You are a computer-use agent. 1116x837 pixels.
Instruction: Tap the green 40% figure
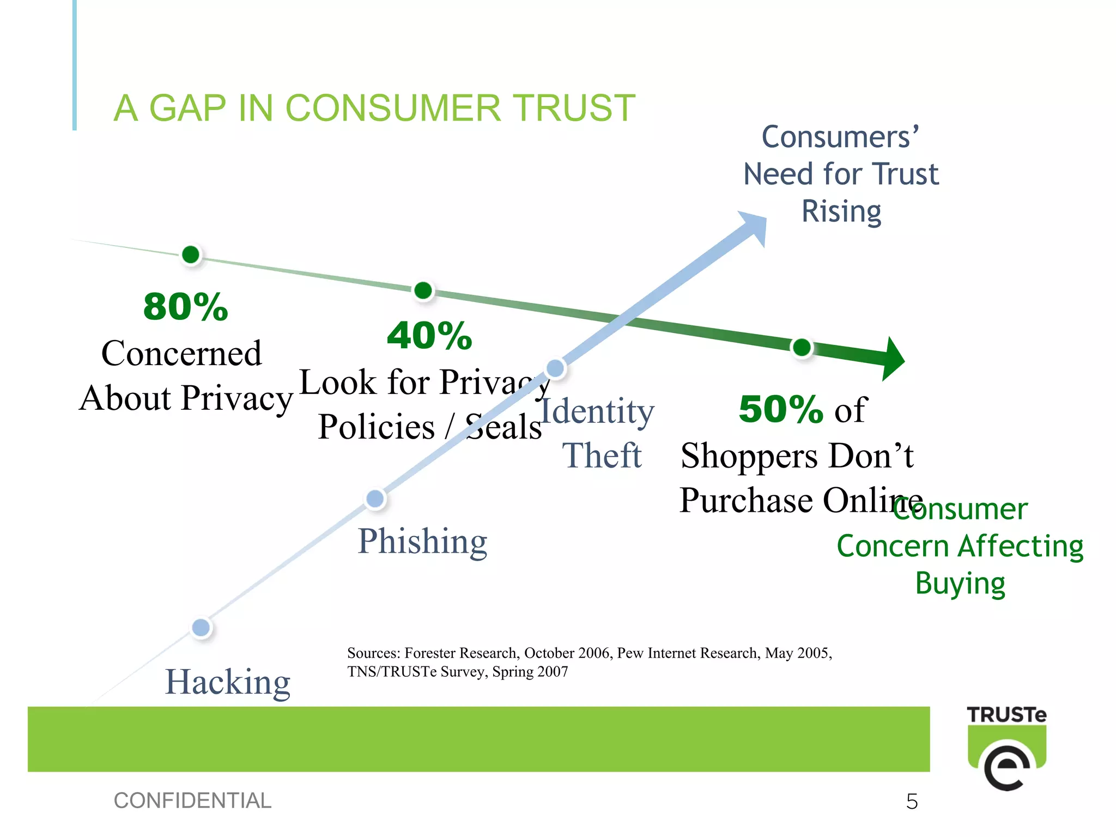click(429, 336)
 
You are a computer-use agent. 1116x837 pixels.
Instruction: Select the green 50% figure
click(780, 409)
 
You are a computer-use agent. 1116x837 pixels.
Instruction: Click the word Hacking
click(228, 682)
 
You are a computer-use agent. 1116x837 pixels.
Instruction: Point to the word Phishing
click(422, 541)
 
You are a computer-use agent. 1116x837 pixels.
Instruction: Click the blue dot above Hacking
click(201, 628)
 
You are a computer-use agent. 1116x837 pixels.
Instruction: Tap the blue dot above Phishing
click(375, 499)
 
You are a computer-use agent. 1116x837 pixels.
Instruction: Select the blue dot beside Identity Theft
click(555, 368)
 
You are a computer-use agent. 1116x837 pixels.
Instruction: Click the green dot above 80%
click(191, 254)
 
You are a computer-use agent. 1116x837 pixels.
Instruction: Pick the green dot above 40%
click(423, 290)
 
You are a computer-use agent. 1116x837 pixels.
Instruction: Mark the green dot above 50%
click(802, 347)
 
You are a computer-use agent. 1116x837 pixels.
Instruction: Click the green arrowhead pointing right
click(891, 359)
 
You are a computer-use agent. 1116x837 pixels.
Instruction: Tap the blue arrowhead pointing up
click(755, 226)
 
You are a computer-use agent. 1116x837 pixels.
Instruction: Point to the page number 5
click(912, 802)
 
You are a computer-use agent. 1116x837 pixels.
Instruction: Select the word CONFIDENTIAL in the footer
click(192, 800)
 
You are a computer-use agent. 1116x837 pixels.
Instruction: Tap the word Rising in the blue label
click(841, 211)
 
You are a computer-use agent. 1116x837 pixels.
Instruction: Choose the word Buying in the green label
click(960, 584)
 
